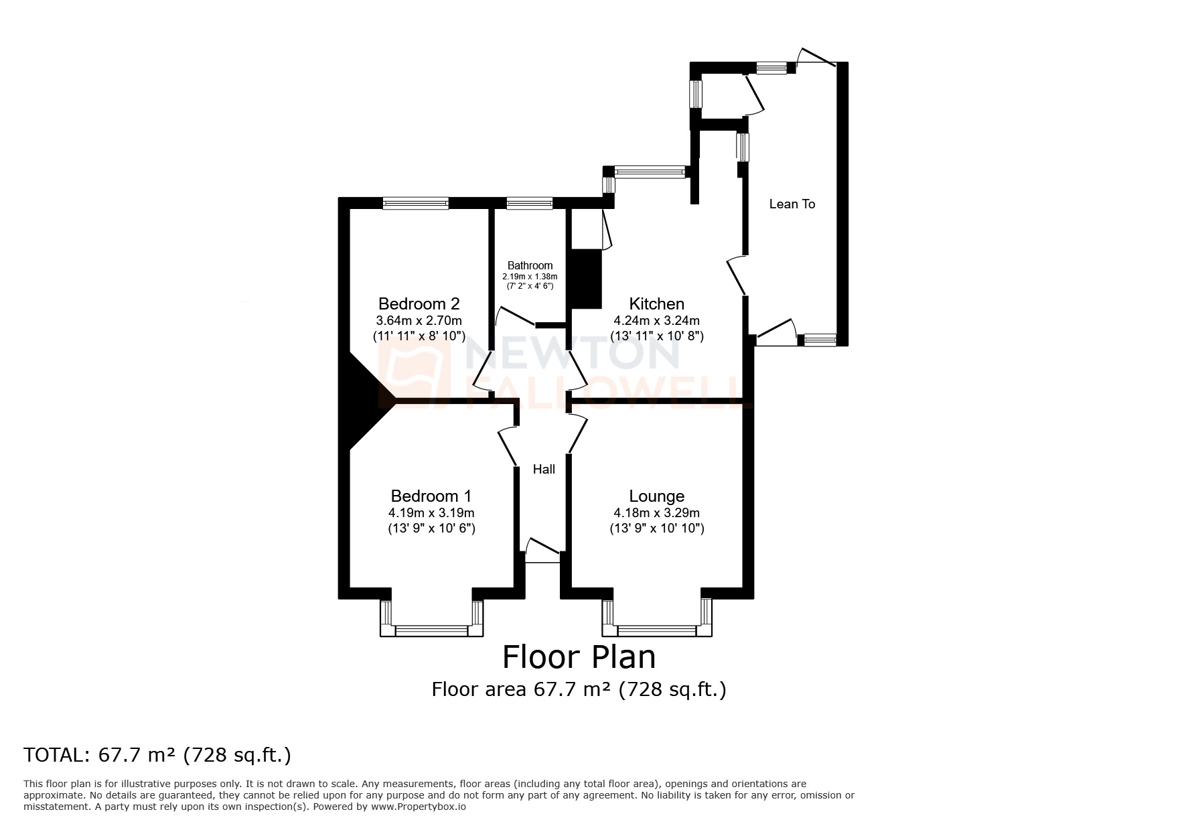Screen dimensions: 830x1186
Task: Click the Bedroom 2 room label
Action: point(419,303)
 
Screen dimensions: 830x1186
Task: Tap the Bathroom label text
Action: point(530,265)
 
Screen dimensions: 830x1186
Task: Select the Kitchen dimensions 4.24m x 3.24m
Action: point(656,320)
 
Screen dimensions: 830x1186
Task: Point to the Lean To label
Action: point(792,204)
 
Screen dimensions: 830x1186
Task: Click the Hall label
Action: point(544,469)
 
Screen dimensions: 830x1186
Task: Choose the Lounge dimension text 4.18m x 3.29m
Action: point(656,512)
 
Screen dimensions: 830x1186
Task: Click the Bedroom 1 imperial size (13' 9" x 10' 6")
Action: point(431,528)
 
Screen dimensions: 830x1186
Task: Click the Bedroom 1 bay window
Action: point(431,630)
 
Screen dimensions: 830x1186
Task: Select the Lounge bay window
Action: point(656,630)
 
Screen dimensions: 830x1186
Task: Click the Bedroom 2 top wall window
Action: point(415,203)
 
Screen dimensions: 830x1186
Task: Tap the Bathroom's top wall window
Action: point(529,203)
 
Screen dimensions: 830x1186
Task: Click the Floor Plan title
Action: point(579,656)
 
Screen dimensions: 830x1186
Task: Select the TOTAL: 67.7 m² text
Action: point(157,755)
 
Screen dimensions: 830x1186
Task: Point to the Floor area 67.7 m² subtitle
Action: point(579,689)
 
